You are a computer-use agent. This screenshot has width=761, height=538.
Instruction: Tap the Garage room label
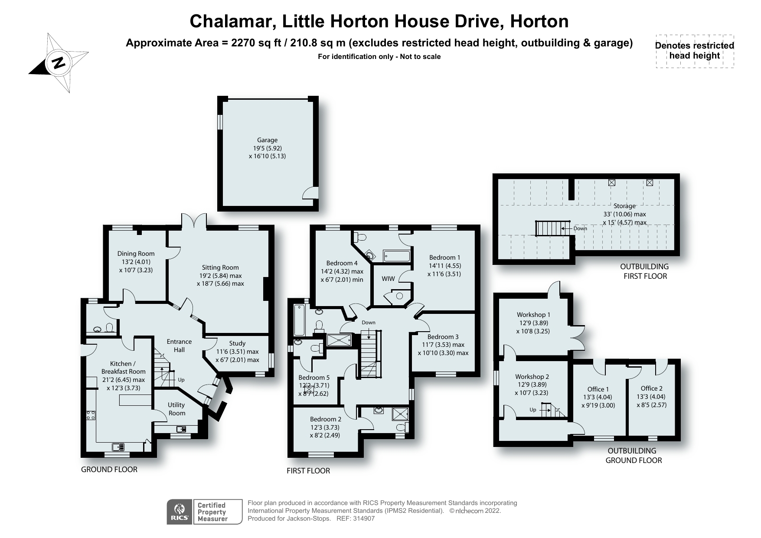coord(267,140)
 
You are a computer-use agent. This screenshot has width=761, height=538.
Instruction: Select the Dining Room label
coord(136,254)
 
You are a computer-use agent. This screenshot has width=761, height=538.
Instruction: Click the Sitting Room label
coord(220,267)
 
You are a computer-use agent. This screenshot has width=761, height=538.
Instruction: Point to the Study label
coord(237,343)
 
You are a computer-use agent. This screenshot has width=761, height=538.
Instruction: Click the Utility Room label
coord(176,409)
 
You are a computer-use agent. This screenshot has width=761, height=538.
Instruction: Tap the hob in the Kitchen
coord(91,415)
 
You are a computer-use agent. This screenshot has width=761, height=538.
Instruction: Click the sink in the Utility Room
coord(181,429)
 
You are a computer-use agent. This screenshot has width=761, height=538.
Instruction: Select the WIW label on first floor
coord(388,279)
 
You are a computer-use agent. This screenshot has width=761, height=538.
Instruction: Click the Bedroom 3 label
coord(443,337)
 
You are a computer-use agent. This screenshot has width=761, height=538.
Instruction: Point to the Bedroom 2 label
coord(326,419)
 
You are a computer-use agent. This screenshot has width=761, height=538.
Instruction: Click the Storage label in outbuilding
coord(624,206)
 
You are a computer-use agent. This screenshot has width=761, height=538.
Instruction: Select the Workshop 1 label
coord(533,315)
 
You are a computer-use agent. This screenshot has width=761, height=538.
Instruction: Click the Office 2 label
coord(651,388)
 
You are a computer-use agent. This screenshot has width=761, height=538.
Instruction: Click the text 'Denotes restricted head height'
coord(694,51)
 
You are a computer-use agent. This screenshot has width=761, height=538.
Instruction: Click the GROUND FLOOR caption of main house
coord(109,470)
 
